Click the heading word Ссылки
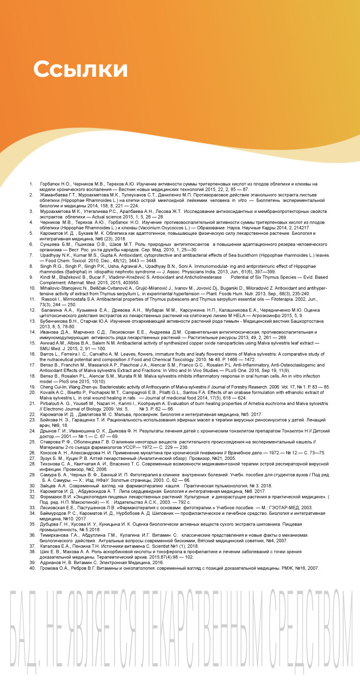click(x=80, y=70)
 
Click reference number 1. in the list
click(x=32, y=183)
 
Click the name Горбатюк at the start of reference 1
click(x=51, y=183)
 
